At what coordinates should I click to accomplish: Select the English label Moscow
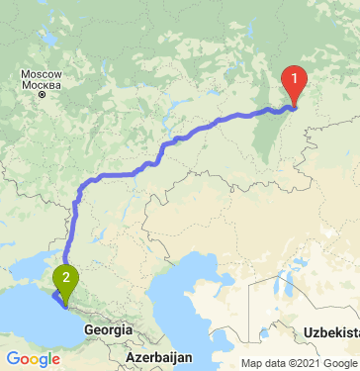[43, 75]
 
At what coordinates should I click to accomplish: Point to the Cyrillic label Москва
[43, 87]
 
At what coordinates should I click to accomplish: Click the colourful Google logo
[34, 358]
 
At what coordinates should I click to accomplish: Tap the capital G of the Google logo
[13, 357]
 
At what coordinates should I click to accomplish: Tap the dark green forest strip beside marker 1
[268, 139]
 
